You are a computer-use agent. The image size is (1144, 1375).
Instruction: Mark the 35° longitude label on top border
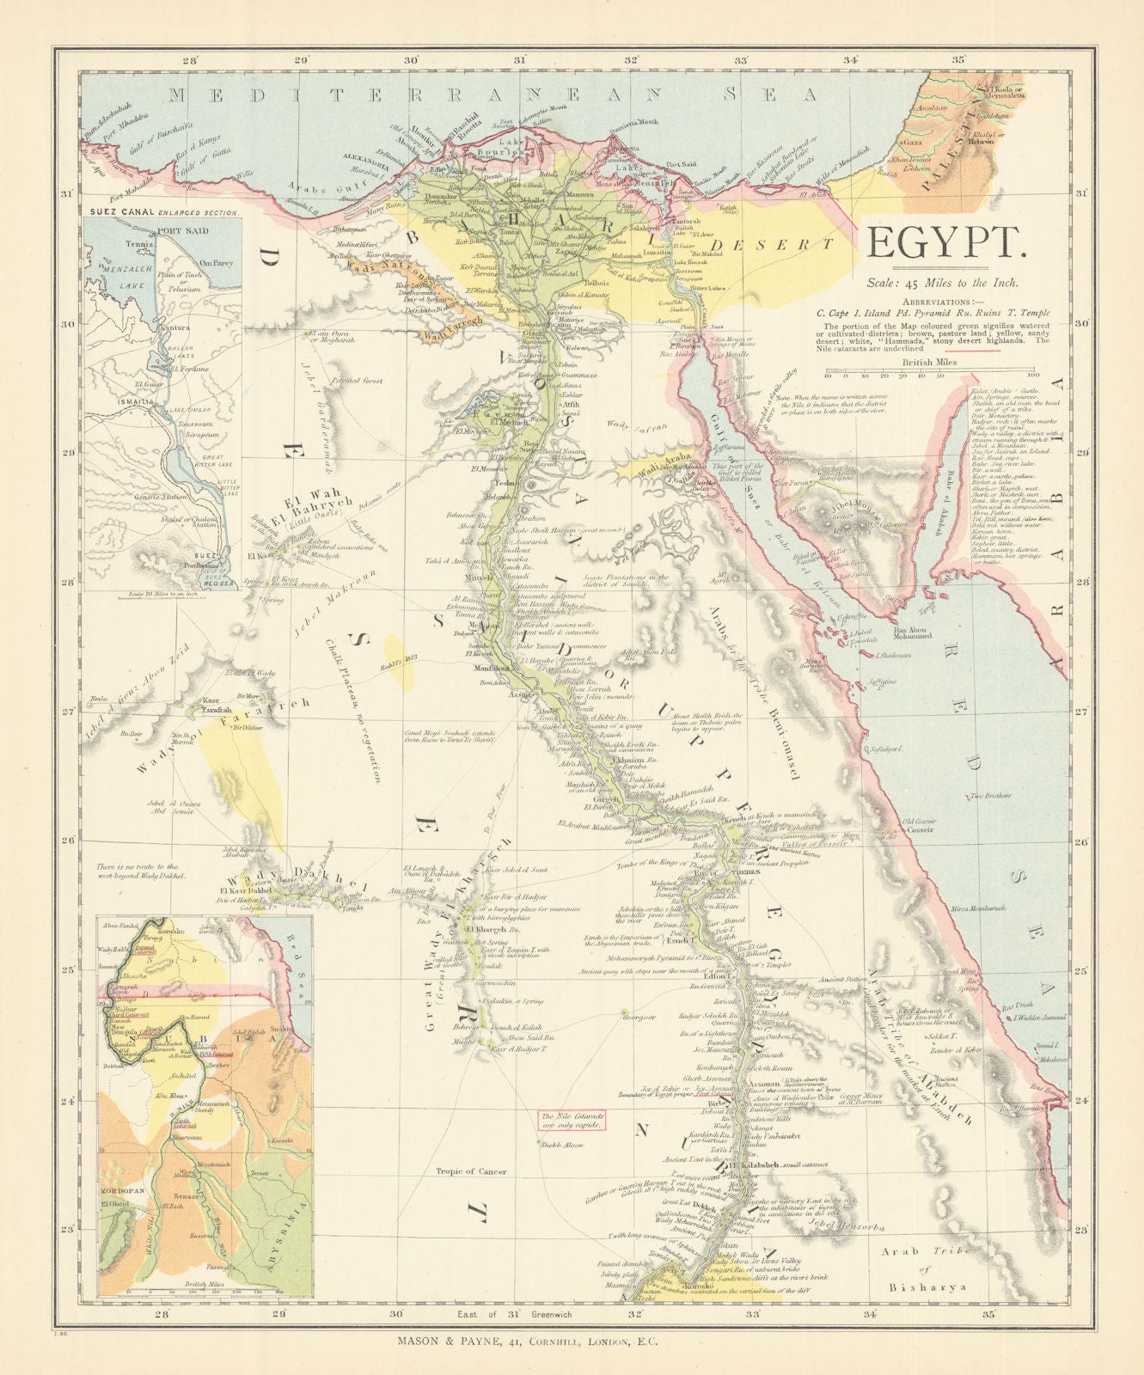click(x=957, y=59)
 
